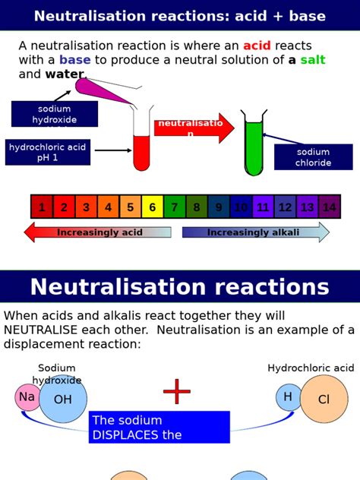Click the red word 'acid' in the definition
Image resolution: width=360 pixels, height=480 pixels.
pos(257,46)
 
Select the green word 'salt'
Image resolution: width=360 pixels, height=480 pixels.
pos(312,60)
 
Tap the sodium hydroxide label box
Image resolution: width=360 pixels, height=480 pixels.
pos(54,114)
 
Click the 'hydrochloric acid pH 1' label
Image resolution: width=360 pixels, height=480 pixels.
pos(48,152)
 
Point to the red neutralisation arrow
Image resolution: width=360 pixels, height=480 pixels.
pos(194,128)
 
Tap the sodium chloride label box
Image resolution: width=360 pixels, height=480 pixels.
pos(313,157)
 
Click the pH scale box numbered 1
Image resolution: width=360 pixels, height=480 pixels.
pos(42,207)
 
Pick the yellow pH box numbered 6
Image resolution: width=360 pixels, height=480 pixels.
pos(152,207)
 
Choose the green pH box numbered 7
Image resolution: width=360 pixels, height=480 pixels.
pos(174,207)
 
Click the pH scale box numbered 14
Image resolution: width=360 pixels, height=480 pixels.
pos(329,207)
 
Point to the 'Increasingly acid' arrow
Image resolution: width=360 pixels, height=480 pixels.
pos(97,232)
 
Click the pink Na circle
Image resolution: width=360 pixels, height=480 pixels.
pos(27,397)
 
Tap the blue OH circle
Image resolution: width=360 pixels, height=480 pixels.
pos(63,399)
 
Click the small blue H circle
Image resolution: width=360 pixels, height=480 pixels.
pos(288,397)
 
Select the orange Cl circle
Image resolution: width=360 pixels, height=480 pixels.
pos(324,399)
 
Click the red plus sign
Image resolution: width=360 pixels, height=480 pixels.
pos(177,392)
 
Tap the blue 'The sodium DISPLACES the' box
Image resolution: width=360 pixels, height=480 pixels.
pos(159,428)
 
